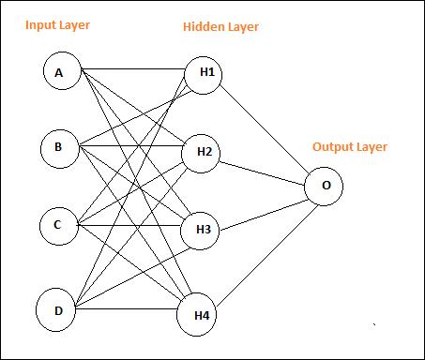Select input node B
click(x=59, y=147)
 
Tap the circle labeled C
click(x=58, y=225)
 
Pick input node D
click(x=56, y=309)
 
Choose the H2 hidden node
click(x=202, y=152)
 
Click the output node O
click(x=325, y=186)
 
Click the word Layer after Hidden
click(x=243, y=27)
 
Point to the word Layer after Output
click(x=372, y=147)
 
